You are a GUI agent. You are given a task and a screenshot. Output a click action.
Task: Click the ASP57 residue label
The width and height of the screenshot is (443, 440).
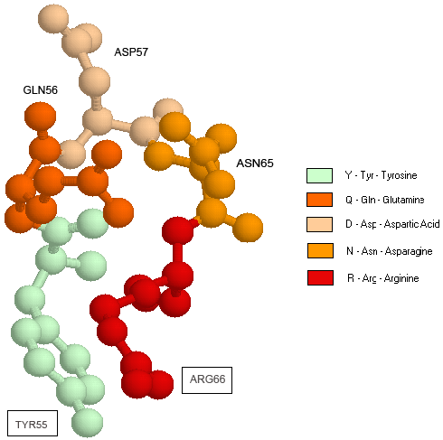[131, 52]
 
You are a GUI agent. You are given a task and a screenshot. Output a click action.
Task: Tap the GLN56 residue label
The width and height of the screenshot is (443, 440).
[41, 90]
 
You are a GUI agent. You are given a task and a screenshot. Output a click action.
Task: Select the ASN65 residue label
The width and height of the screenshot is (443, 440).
[255, 164]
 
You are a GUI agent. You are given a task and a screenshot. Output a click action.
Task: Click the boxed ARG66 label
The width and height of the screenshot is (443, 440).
[207, 380]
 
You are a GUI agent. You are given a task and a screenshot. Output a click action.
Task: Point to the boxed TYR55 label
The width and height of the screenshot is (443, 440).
[33, 423]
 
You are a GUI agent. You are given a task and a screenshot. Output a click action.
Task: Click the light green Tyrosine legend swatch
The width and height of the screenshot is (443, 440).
[319, 175]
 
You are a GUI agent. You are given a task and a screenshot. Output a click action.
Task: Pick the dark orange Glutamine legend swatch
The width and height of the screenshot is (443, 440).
[319, 200]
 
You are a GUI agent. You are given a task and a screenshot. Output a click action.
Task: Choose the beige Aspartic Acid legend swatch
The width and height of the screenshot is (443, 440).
[319, 224]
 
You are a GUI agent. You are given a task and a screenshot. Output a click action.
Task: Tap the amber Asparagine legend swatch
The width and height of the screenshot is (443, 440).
[320, 251]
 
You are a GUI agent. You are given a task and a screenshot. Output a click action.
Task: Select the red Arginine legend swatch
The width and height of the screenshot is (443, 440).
[320, 277]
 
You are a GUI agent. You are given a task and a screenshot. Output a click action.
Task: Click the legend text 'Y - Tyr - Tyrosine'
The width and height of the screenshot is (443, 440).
[382, 175]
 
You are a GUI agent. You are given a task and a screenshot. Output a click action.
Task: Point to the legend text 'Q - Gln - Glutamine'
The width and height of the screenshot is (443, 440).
[385, 200]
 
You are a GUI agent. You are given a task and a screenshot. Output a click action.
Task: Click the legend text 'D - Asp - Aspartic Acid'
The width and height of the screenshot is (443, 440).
[392, 224]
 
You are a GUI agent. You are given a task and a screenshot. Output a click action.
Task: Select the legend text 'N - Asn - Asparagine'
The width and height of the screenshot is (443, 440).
[390, 251]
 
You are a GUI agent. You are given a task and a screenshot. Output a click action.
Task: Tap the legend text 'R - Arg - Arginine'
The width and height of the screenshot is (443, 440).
[383, 278]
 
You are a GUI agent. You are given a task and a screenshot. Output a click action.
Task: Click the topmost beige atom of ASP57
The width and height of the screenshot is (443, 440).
[53, 19]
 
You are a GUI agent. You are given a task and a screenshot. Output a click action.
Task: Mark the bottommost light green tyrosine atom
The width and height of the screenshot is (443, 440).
[88, 423]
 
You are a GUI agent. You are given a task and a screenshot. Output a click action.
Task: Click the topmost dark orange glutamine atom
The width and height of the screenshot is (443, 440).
[40, 117]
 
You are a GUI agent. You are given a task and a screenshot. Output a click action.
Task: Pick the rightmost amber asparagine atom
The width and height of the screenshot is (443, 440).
[248, 228]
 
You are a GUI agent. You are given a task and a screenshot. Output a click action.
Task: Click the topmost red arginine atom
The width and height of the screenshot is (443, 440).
[178, 230]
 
